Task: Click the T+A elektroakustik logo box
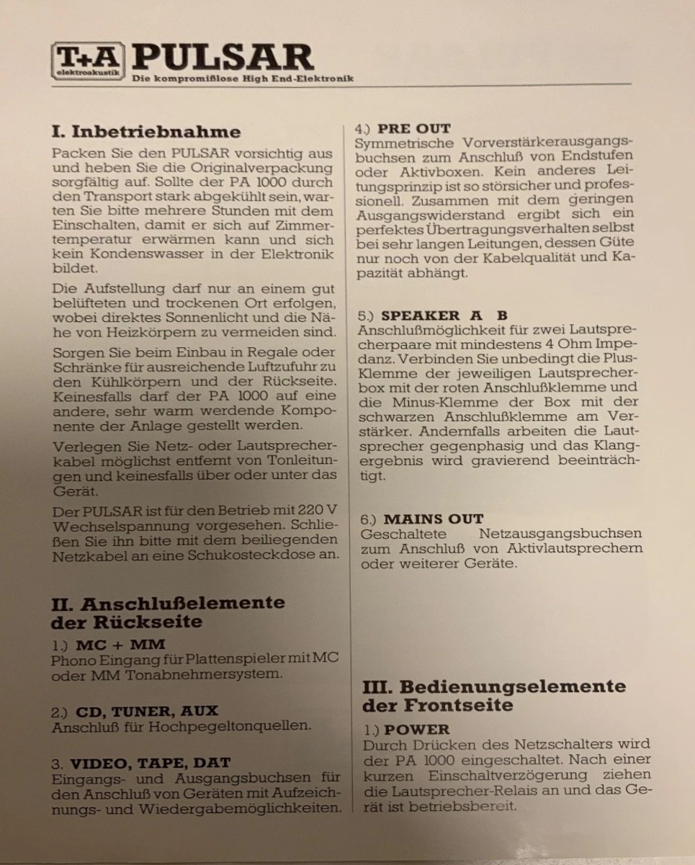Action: coord(87,60)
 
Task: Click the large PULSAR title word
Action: coord(223,58)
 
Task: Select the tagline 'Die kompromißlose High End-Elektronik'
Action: coord(243,79)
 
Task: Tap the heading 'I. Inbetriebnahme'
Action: coord(146,132)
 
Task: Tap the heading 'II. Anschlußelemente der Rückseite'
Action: coord(168,612)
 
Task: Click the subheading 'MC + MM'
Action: coord(120,645)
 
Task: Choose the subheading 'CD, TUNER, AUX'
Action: coord(146,712)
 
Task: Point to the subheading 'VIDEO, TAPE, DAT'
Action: coord(151,763)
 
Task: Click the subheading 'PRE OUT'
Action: coord(414,129)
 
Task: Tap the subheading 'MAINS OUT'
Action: coord(434,519)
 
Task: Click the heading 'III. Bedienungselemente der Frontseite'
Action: coord(493,696)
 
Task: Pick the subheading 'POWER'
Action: coord(417,729)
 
